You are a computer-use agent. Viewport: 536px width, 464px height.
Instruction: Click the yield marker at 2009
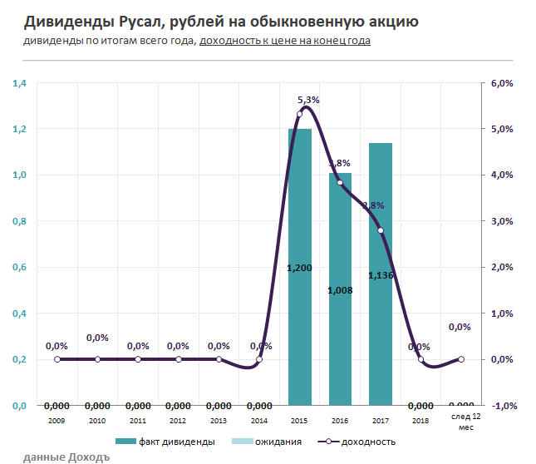[x=57, y=359]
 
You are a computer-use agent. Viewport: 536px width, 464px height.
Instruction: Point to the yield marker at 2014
[x=259, y=359]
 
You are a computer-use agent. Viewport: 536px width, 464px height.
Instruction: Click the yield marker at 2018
[x=421, y=359]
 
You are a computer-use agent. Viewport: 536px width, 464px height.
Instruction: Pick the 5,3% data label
[x=308, y=100]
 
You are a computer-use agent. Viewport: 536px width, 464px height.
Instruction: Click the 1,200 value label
[x=299, y=268]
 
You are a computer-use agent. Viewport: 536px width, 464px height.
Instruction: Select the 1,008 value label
[x=341, y=290]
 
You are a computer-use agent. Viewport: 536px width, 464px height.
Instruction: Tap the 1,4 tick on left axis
[x=20, y=83]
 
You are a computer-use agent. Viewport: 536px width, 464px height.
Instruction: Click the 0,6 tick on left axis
[x=20, y=268]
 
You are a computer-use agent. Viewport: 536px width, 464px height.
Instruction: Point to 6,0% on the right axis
[x=504, y=83]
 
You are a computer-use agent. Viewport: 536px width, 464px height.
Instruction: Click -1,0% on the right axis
[x=504, y=406]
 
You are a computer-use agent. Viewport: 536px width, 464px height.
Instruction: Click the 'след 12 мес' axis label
[x=461, y=421]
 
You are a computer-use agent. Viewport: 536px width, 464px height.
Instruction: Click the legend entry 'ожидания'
[x=278, y=441]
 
